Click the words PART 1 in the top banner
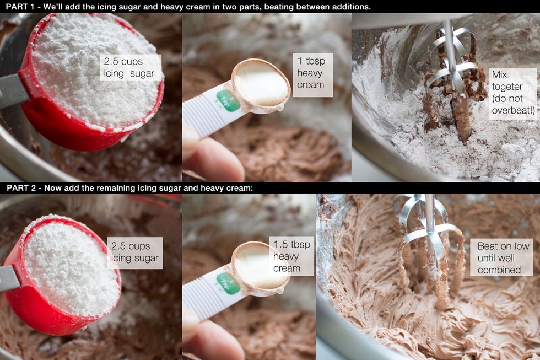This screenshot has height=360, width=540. click(20, 6)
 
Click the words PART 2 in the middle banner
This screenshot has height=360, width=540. click(21, 188)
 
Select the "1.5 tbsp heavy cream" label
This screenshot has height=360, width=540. click(291, 256)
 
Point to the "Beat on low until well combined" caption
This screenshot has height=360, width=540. click(501, 257)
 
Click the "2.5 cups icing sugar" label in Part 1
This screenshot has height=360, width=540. click(130, 67)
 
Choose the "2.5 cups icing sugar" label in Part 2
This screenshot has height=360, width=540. click(134, 252)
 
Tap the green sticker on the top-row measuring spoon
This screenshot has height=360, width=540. click(228, 100)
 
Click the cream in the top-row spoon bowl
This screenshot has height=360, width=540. click(261, 84)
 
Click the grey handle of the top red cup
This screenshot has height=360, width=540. click(13, 90)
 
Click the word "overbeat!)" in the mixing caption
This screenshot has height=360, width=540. click(513, 110)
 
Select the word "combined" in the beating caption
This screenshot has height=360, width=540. click(499, 270)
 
